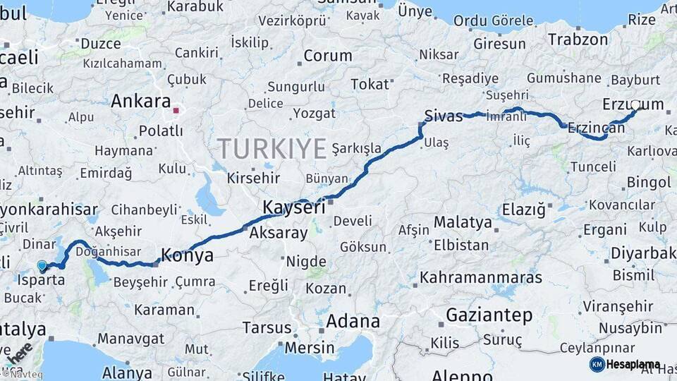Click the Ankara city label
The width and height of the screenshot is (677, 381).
point(140,101)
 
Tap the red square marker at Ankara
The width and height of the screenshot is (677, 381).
point(176,110)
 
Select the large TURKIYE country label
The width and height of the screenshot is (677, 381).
point(272,149)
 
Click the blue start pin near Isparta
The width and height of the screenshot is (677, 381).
point(42,266)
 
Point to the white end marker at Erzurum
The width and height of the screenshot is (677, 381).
point(635,106)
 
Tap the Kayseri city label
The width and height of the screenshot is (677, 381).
point(293,207)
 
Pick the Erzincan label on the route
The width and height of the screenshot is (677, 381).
point(596,128)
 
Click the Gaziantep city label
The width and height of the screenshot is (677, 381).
point(489,315)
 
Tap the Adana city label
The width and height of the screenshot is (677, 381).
point(353,322)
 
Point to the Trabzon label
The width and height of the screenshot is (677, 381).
point(578,40)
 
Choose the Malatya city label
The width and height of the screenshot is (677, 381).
point(463,222)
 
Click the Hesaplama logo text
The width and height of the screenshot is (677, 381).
point(633,364)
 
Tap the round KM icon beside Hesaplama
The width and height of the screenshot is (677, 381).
point(597,364)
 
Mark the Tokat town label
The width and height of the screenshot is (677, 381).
point(370,85)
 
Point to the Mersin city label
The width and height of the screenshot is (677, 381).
point(310,348)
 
